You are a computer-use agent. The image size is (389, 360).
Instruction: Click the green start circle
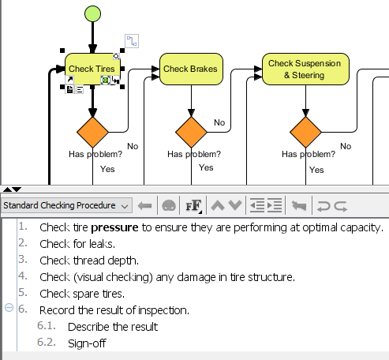pyautogui.click(x=92, y=14)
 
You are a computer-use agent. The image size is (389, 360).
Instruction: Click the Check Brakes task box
pyautogui.click(x=192, y=69)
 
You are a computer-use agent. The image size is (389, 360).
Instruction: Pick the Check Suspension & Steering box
pyautogui.click(x=305, y=69)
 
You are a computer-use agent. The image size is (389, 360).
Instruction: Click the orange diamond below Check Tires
pyautogui.click(x=92, y=131)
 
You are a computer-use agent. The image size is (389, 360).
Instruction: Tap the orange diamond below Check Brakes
pyautogui.click(x=192, y=131)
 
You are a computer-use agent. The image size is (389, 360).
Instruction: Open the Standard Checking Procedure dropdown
pyautogui.click(x=66, y=206)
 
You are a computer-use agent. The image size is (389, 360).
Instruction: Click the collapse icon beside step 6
pyautogui.click(x=9, y=309)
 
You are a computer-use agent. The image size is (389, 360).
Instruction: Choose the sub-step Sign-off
pyautogui.click(x=87, y=343)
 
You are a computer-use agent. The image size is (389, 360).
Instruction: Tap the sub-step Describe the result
pyautogui.click(x=113, y=327)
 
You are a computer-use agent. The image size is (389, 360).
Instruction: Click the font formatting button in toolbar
pyautogui.click(x=193, y=206)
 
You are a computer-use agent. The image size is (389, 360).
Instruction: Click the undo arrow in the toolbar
pyautogui.click(x=323, y=206)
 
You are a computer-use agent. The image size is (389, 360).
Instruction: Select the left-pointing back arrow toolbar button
pyautogui.click(x=144, y=206)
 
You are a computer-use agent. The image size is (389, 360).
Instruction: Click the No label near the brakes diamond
pyautogui.click(x=219, y=123)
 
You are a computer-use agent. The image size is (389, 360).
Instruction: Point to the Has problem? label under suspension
pyautogui.click(x=309, y=155)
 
